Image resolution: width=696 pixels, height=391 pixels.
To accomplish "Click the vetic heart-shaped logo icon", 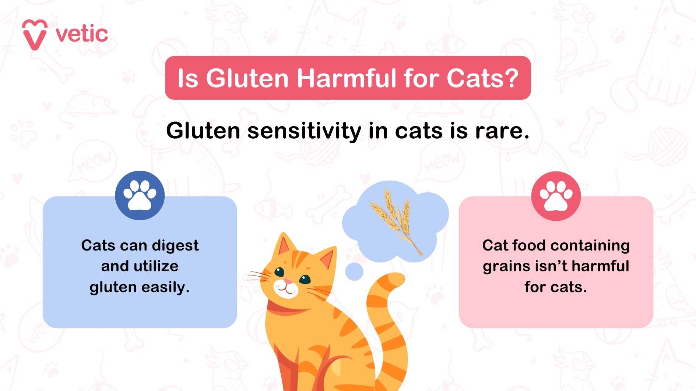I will tap(35, 34).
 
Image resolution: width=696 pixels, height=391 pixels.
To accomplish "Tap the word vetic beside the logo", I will tap(82, 34).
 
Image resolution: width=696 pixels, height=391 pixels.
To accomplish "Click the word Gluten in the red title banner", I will tap(247, 78).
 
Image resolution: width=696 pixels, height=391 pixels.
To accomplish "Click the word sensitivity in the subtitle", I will tap(304, 131).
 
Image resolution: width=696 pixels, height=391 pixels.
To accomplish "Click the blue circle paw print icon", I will tap(140, 195).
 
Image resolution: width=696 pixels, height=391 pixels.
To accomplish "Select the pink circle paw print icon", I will tap(556, 196).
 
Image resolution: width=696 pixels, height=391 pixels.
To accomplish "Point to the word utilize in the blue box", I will tap(156, 266).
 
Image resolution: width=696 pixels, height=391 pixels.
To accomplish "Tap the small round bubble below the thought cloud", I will tap(354, 272).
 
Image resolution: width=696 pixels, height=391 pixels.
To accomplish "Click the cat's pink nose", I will tap(288, 282).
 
